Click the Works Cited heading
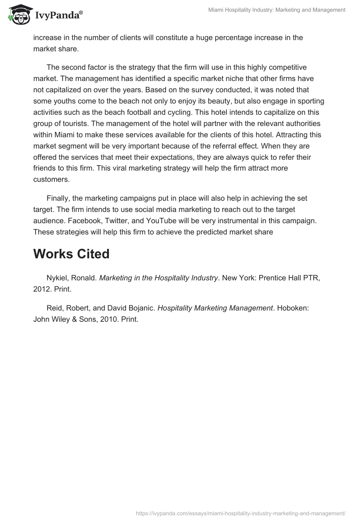(72, 254)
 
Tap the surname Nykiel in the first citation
(58, 278)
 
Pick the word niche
(213, 79)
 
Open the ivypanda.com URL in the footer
(240, 513)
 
